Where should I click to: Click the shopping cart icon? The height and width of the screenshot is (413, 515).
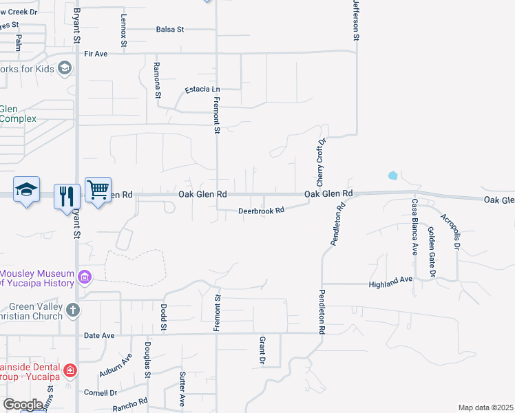(x=98, y=189)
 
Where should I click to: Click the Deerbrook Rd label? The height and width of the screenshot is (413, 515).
(x=261, y=211)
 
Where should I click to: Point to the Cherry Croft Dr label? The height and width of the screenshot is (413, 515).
(x=320, y=162)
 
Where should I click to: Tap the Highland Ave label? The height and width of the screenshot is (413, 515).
(x=390, y=284)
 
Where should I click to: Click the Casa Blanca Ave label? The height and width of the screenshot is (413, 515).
(x=415, y=227)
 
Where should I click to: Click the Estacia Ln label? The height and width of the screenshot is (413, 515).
(x=202, y=89)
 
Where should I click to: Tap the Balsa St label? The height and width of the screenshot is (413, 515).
(x=170, y=30)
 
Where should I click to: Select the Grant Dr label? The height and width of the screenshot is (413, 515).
(x=262, y=351)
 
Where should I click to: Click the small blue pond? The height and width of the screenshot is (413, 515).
(x=392, y=176)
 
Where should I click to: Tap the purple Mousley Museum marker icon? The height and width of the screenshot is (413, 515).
(x=85, y=277)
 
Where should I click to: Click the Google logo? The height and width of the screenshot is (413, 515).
(x=23, y=405)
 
